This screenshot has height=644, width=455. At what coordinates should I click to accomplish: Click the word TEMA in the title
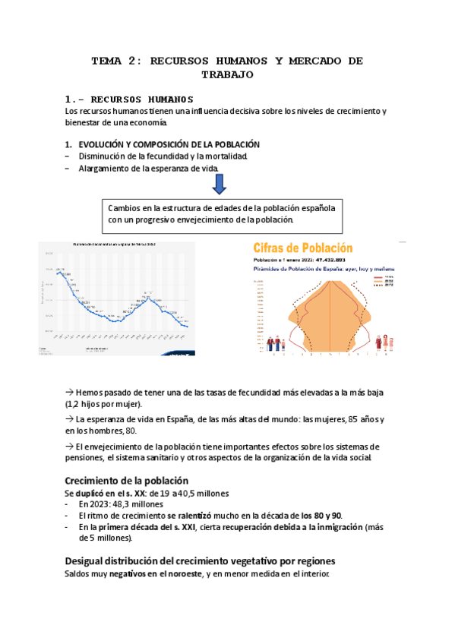tap(106, 60)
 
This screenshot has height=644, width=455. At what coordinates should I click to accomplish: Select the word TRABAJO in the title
tap(227, 74)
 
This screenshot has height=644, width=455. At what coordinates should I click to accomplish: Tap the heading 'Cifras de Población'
tap(302, 248)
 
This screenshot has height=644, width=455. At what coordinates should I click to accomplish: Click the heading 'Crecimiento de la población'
tap(126, 481)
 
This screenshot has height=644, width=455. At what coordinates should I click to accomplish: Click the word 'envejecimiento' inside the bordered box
tap(210, 219)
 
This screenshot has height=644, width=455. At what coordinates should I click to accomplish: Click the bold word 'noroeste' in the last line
tap(179, 574)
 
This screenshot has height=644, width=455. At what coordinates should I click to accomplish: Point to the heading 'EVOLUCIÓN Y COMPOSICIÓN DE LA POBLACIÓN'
tap(169, 144)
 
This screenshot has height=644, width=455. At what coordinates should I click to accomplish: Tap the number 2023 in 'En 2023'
tap(100, 504)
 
